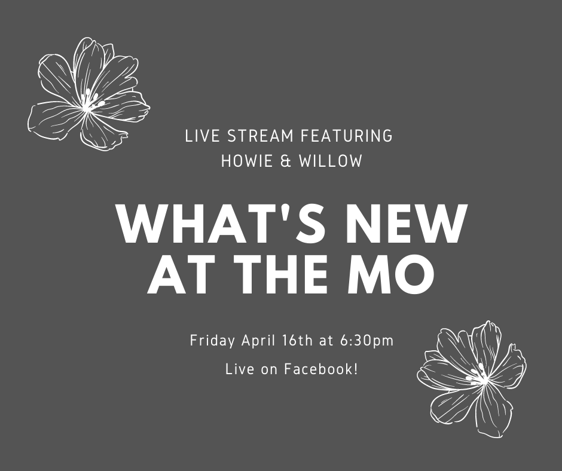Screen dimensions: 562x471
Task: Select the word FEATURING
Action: click(x=347, y=136)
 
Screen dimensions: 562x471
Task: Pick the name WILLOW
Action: click(x=331, y=161)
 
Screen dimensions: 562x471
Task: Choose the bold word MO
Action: click(x=390, y=274)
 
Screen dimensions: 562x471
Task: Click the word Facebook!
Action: click(x=321, y=369)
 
